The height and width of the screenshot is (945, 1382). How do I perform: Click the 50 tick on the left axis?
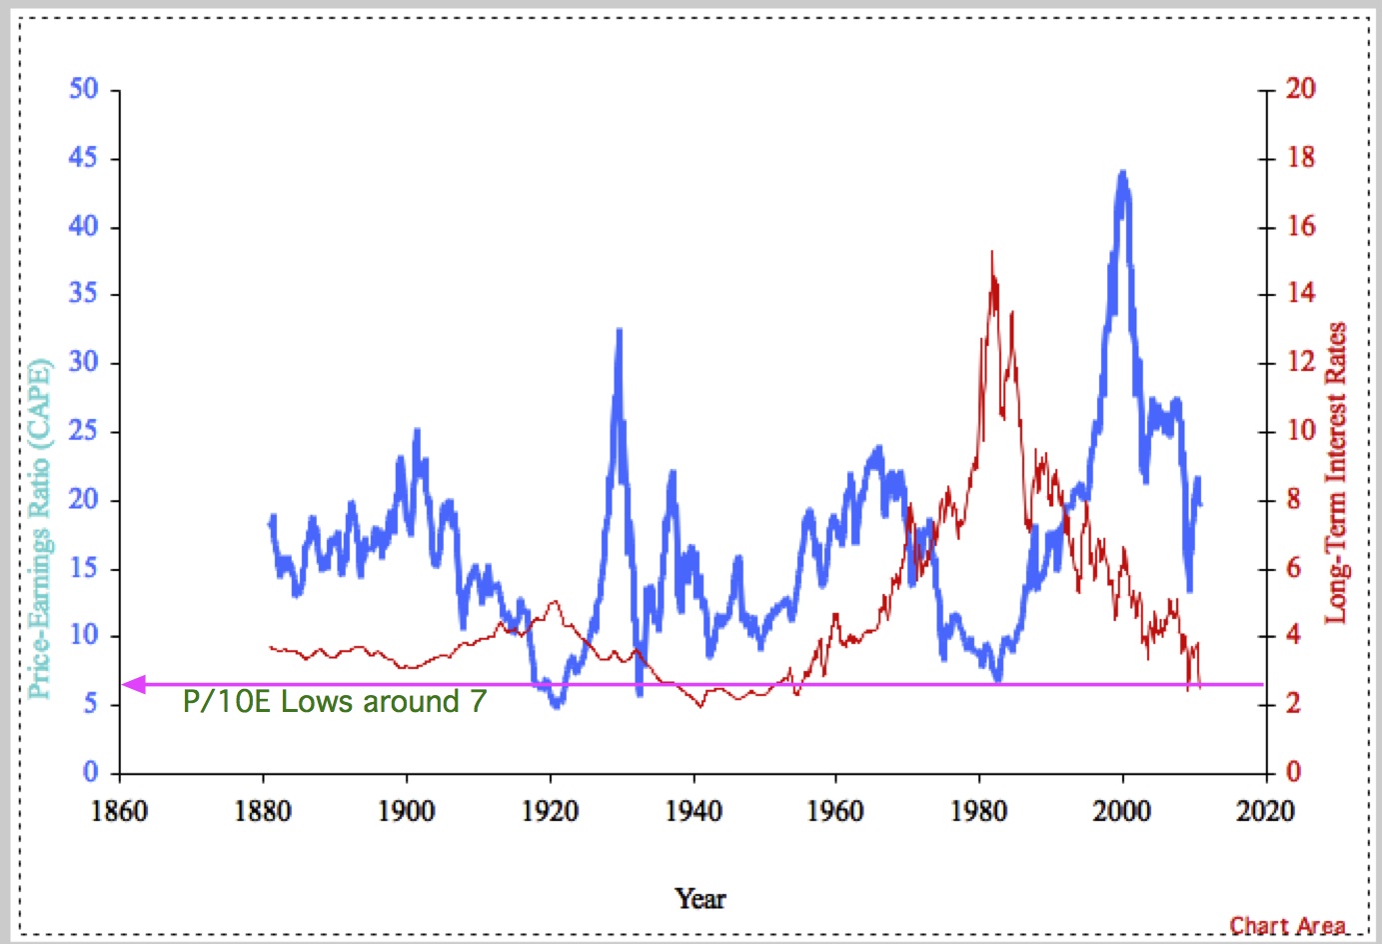tap(84, 89)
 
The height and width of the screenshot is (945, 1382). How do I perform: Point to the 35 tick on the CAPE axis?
tap(84, 294)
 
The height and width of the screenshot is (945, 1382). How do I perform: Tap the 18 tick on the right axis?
tap(1300, 158)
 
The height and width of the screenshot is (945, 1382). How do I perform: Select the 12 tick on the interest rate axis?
tap(1300, 362)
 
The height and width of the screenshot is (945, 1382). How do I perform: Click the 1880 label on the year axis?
tap(263, 811)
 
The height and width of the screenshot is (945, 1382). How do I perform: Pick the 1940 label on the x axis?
tap(693, 811)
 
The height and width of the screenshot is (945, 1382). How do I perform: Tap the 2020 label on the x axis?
tap(1265, 811)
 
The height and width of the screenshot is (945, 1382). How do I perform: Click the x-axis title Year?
tap(699, 899)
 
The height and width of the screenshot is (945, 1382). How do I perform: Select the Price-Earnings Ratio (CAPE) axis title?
tap(38, 528)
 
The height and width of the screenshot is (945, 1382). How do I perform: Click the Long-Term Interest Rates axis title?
tap(1336, 472)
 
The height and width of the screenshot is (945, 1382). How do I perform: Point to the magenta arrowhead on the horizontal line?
tap(134, 685)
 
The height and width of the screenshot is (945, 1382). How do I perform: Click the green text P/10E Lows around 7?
tap(334, 702)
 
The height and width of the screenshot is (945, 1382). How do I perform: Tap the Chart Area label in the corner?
tap(1287, 926)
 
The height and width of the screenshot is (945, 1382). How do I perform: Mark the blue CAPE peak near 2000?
tap(1123, 174)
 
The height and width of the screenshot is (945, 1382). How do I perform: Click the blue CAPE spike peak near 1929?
tap(620, 330)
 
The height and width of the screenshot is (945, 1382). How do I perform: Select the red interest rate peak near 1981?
tap(992, 253)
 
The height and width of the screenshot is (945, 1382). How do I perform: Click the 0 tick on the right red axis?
tap(1293, 772)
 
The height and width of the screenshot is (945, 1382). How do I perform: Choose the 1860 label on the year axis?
tap(119, 811)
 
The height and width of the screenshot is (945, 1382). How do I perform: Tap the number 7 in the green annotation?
tap(479, 702)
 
